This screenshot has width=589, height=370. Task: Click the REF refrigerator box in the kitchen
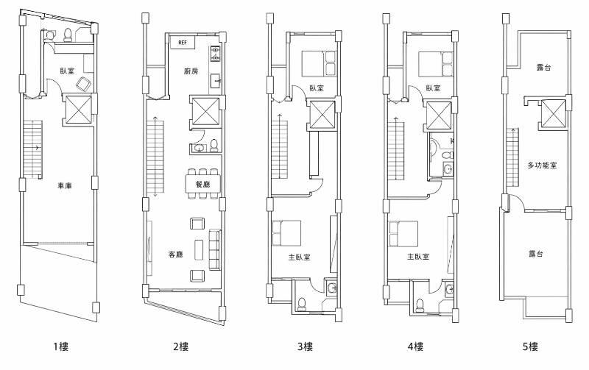(183, 43)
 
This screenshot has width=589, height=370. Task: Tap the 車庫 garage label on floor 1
(64, 186)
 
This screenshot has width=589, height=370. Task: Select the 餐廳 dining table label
(203, 185)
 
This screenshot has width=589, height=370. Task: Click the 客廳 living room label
(175, 255)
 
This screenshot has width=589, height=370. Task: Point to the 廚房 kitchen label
(191, 71)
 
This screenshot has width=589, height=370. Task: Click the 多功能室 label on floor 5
(542, 165)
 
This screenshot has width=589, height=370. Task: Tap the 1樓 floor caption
(60, 346)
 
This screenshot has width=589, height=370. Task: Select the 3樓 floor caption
(305, 346)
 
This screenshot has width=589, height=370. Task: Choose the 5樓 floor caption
(530, 346)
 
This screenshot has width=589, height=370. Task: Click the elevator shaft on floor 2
(205, 112)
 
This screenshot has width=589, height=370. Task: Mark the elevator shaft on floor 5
(554, 113)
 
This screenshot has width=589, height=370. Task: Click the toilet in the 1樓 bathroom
(68, 35)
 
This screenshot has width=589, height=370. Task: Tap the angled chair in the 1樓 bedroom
(83, 84)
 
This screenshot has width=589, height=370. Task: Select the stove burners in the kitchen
(215, 53)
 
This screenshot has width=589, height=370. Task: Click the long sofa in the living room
(214, 249)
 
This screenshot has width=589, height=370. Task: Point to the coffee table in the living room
(198, 249)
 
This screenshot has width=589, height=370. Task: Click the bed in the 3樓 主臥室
(286, 233)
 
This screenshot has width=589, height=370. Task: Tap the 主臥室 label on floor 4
(418, 257)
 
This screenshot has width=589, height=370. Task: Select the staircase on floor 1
(32, 149)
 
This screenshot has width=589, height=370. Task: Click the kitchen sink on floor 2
(215, 81)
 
